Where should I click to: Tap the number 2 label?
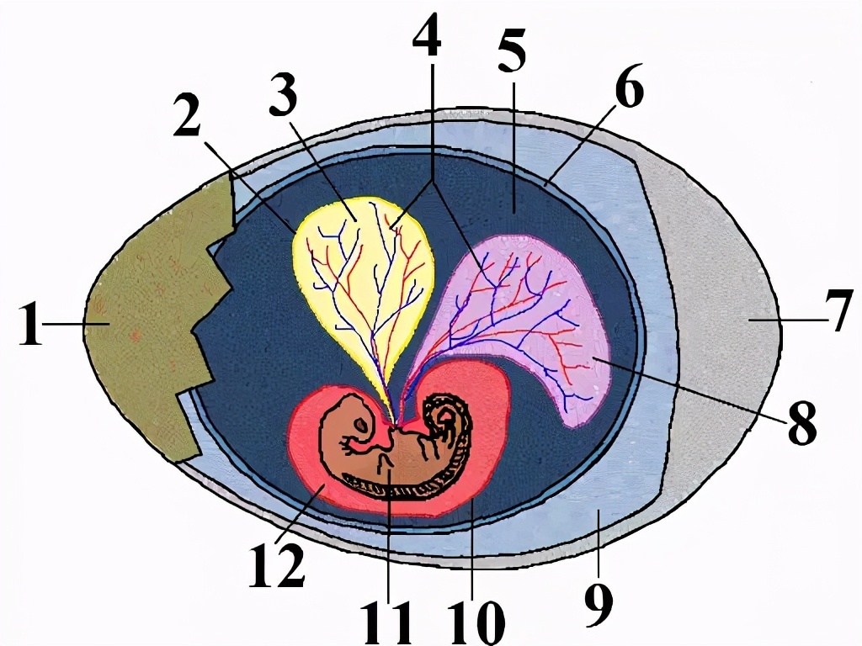(x=187, y=114)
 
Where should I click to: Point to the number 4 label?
(x=427, y=34)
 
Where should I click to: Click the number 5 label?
(x=513, y=51)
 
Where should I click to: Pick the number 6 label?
(x=629, y=87)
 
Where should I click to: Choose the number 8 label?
(x=802, y=422)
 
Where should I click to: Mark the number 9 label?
(x=599, y=604)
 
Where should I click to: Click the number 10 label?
(x=476, y=623)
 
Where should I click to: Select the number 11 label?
(x=388, y=623)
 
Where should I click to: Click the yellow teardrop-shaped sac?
(x=363, y=280)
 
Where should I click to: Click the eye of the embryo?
(x=360, y=426)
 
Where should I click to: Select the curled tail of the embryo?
(x=444, y=417)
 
